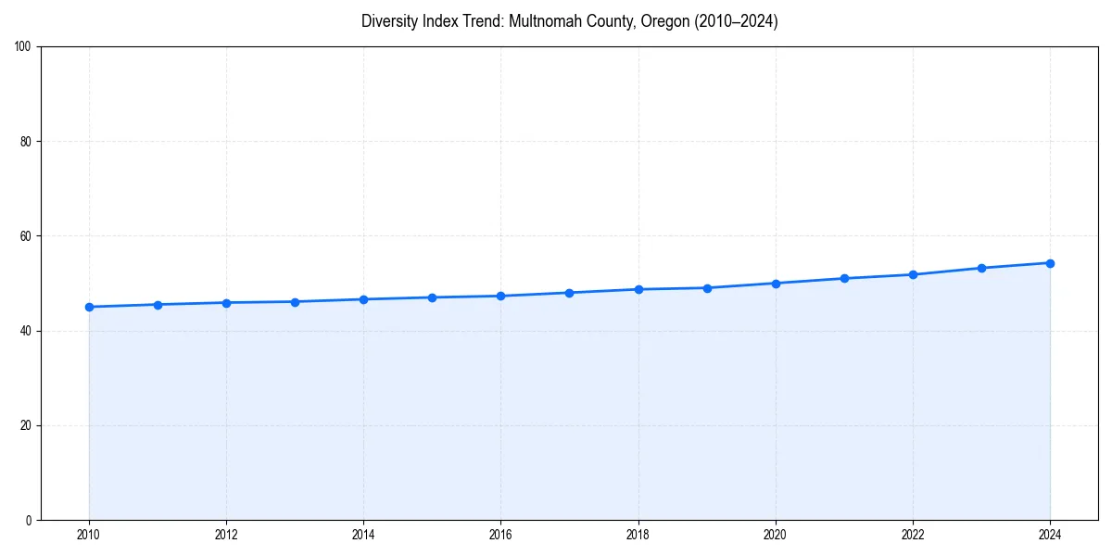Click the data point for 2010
point(89,307)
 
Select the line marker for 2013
point(295,302)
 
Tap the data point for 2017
point(569,293)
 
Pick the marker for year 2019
point(707,288)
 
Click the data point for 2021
point(844,278)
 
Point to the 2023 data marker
point(981,268)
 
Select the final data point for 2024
point(1050,263)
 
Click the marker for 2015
point(432,297)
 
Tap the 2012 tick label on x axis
point(226,535)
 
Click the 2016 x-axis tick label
point(500,535)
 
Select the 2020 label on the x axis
point(776,535)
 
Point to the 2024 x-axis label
point(1050,535)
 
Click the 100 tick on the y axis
point(23,47)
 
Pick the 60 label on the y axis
point(26,236)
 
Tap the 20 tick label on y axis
point(26,425)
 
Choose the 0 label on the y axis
point(29,520)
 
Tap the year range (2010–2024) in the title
point(735,21)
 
